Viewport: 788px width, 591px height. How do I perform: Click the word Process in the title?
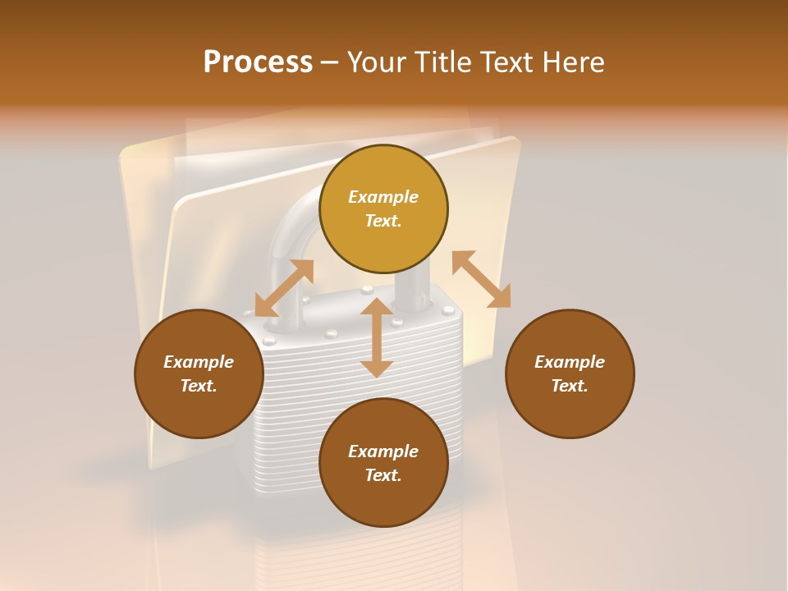258,62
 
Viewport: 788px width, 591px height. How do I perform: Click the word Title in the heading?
443,62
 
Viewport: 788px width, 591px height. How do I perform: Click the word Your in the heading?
377,62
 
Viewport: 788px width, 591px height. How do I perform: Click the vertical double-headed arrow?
377,337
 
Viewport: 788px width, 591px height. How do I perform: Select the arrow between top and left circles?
284,288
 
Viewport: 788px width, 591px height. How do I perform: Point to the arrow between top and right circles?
482,279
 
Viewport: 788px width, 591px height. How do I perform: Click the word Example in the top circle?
383,197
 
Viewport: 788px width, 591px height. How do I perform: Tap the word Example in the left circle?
199,362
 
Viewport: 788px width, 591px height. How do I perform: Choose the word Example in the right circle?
570,362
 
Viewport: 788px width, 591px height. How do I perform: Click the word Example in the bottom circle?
383,451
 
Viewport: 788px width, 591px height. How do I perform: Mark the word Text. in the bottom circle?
383,475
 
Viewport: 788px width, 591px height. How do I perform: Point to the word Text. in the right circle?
570,386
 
